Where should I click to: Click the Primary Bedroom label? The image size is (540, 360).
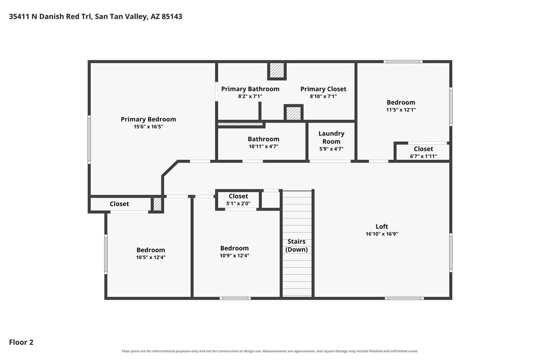[148, 119]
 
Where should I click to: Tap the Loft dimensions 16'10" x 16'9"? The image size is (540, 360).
[382, 234]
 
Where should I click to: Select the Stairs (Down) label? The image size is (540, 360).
[296, 246]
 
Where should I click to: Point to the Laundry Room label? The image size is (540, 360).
[332, 137]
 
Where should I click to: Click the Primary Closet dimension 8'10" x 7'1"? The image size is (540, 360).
[323, 97]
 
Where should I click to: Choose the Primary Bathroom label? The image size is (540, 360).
[250, 89]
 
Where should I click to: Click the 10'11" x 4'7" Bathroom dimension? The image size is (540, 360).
[264, 147]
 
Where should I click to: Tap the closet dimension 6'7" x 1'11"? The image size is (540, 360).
[423, 157]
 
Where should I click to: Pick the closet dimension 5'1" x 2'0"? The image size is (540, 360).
[238, 203]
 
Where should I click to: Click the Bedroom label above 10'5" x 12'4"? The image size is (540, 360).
[151, 250]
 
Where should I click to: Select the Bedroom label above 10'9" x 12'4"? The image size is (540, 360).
[234, 248]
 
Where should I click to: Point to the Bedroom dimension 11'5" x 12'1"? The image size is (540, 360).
[401, 110]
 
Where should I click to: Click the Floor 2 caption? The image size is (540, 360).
[21, 342]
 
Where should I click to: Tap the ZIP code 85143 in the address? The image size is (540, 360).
[172, 16]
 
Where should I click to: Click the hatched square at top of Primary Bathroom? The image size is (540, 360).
[277, 71]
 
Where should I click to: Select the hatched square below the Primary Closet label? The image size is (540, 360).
[293, 113]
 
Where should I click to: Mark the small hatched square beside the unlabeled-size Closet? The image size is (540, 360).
[157, 204]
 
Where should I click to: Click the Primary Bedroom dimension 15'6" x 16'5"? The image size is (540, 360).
[148, 127]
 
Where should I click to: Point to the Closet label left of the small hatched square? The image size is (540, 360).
[119, 203]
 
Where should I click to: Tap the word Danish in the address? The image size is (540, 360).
[52, 16]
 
